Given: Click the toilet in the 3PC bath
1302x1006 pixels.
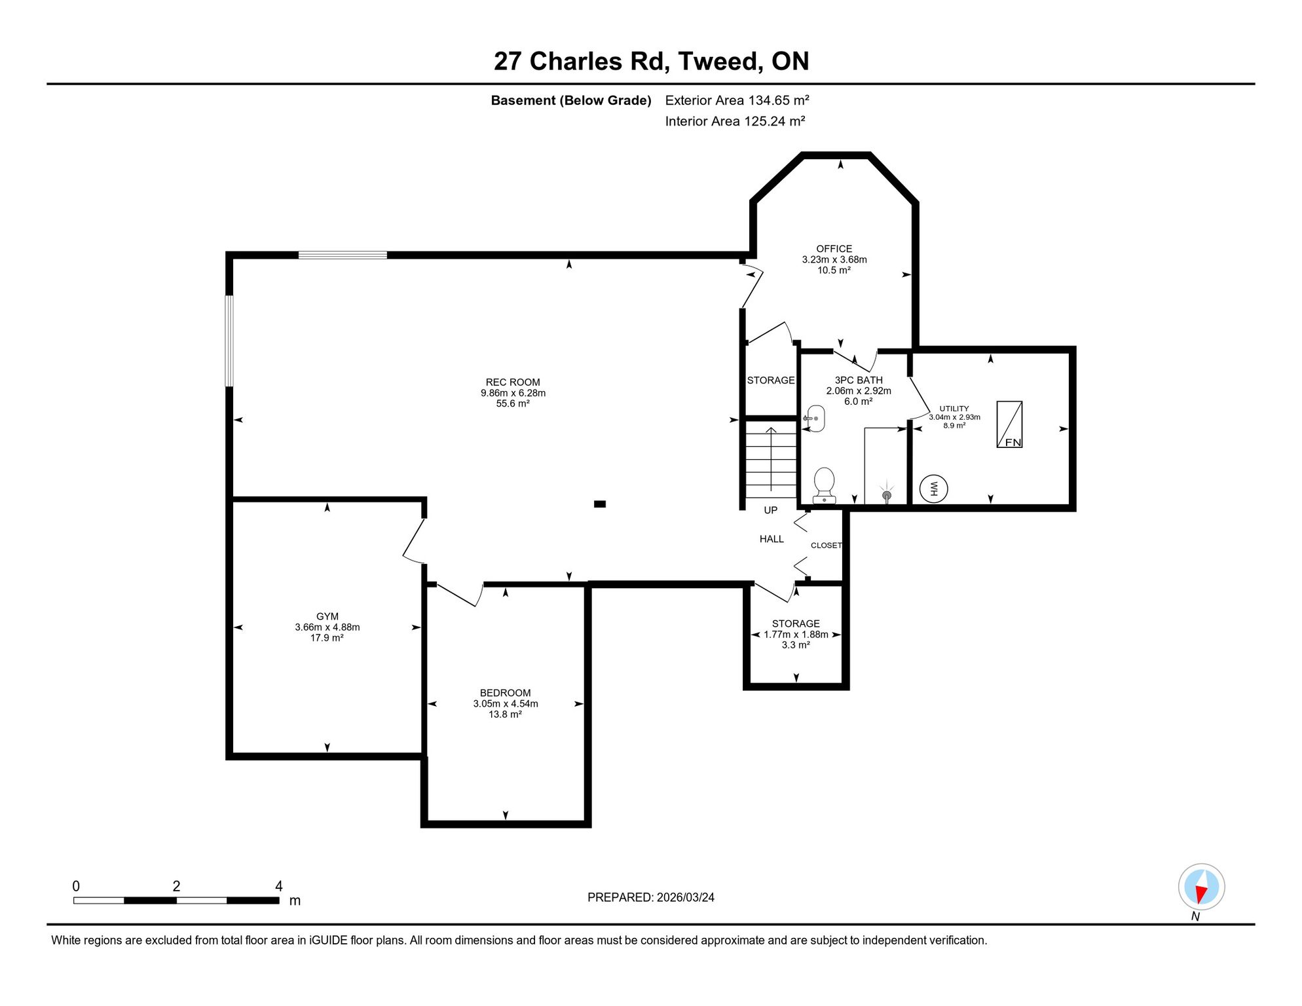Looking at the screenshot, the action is pyautogui.click(x=824, y=485).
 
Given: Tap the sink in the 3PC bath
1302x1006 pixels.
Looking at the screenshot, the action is pyautogui.click(x=814, y=419).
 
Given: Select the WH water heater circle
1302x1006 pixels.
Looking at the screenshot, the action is pyautogui.click(x=933, y=489).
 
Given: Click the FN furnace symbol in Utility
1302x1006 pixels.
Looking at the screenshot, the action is pyautogui.click(x=1009, y=424).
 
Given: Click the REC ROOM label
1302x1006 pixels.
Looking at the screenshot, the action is pyautogui.click(x=513, y=382).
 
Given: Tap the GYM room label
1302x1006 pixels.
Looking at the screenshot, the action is pyautogui.click(x=327, y=616).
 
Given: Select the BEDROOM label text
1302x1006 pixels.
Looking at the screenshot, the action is pyautogui.click(x=505, y=693).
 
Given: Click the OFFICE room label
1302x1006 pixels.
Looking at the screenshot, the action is pyautogui.click(x=834, y=249).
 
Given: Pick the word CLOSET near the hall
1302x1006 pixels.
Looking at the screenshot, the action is pyautogui.click(x=827, y=545).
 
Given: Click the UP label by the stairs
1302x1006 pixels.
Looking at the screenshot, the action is pyautogui.click(x=771, y=510).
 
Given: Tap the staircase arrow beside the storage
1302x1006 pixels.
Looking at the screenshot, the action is pyautogui.click(x=771, y=458).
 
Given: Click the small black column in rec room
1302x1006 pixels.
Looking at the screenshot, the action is pyautogui.click(x=600, y=504).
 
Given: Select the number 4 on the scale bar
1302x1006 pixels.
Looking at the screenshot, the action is pyautogui.click(x=279, y=886).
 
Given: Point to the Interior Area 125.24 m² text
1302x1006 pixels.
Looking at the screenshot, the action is pyautogui.click(x=735, y=121).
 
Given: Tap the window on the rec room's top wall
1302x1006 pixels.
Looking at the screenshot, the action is pyautogui.click(x=343, y=255).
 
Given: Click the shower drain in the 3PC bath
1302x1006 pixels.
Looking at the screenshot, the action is pyautogui.click(x=887, y=495).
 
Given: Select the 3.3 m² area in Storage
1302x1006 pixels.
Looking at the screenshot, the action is pyautogui.click(x=796, y=645).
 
